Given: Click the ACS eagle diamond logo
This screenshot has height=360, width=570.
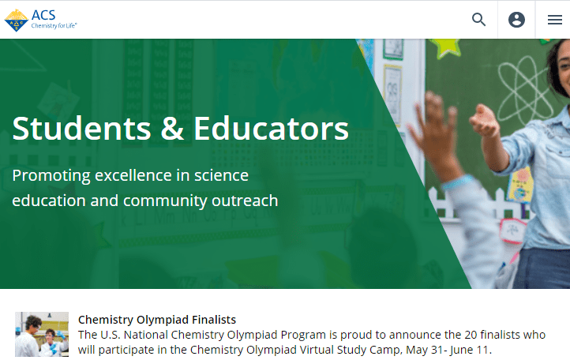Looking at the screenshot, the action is tap(16, 21).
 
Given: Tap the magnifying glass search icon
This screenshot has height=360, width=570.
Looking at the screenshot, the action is tap(478, 20).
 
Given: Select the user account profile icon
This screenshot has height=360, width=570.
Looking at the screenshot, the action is tap(516, 20).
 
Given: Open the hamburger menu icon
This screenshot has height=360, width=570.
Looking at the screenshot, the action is tap(555, 20).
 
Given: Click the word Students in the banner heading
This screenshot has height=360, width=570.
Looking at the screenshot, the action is tap(81, 129).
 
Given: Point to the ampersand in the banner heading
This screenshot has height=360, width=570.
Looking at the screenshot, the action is tap(172, 129).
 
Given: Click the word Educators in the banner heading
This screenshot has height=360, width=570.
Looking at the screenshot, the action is tap(272, 129).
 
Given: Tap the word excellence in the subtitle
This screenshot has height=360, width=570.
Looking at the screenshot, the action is tap(133, 175).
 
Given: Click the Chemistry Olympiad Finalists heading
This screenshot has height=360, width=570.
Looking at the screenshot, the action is tap(157, 320).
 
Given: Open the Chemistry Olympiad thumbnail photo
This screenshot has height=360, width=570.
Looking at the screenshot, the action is tap(42, 334).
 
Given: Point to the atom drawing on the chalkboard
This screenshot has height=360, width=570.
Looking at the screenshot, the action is tap(523, 91).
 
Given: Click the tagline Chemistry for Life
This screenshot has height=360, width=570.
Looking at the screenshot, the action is tap(54, 25).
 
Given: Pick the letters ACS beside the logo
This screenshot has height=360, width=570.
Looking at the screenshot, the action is tap(43, 15).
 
